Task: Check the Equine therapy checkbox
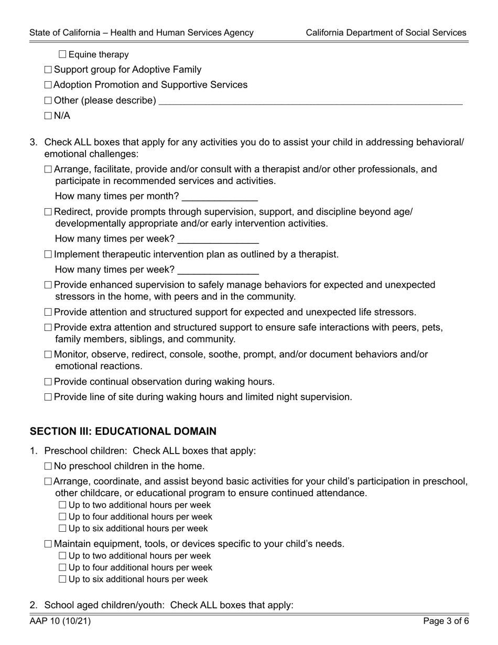(63, 55)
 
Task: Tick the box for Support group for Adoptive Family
(48, 70)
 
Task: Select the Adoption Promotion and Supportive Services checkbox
(48, 85)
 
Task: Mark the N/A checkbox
(48, 116)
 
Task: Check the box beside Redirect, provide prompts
(48, 212)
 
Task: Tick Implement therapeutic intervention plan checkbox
(48, 255)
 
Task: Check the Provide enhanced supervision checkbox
(48, 285)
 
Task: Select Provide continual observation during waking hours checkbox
(48, 382)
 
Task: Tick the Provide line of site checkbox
(48, 397)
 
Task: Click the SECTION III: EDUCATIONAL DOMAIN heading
(123, 432)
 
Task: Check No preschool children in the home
(48, 466)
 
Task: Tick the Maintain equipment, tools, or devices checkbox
(48, 544)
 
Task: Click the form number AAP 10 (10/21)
(60, 621)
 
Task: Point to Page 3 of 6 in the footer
(446, 621)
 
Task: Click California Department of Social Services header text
(386, 33)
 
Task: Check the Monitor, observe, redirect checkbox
(48, 355)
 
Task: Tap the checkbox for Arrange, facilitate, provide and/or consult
(48, 170)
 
